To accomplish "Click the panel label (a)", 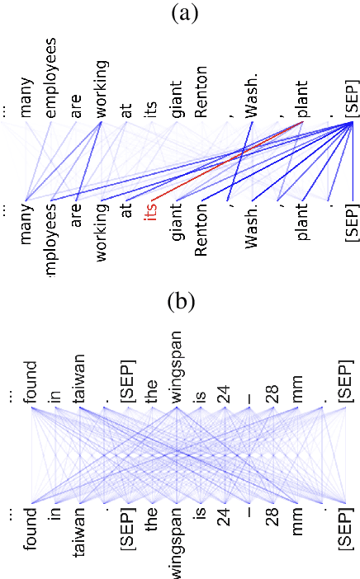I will point(181,12).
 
